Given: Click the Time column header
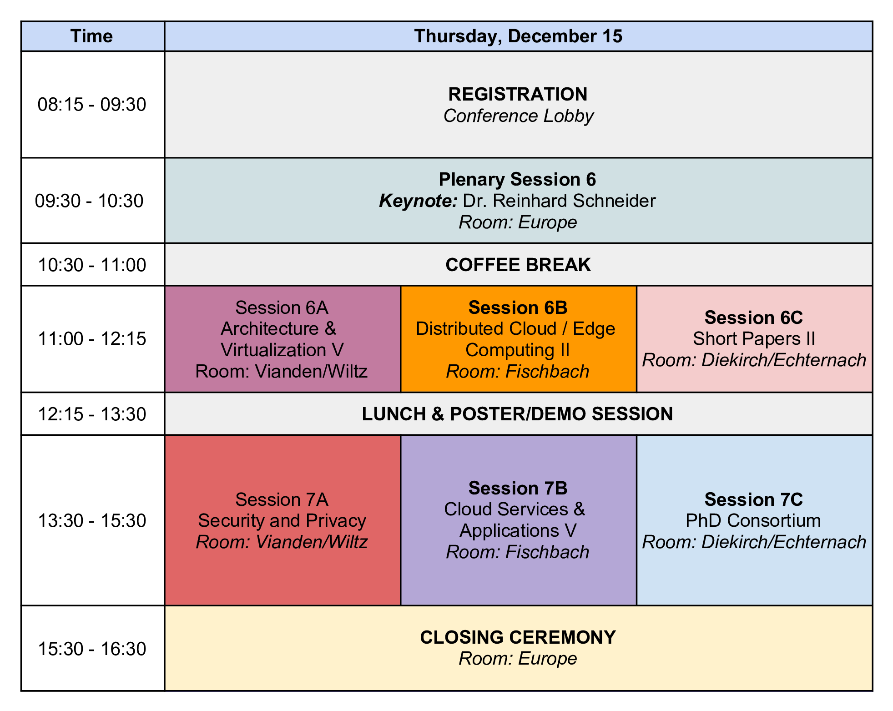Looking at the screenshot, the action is coord(91,36).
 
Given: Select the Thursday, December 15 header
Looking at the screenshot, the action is coord(518,36).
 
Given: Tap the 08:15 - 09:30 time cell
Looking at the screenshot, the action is coord(92,105).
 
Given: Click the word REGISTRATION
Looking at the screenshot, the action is coord(518,94).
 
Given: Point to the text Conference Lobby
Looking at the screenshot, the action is coord(518,116).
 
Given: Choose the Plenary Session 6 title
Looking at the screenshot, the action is coord(518,179).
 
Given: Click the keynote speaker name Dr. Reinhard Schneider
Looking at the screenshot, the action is coord(559,201).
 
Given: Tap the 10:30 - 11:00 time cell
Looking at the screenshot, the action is coord(92,265).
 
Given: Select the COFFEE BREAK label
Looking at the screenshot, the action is coord(518,265).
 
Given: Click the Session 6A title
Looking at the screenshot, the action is coord(282,308).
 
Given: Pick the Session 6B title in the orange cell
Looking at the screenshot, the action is coord(518,308).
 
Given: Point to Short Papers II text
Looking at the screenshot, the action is coord(754,338).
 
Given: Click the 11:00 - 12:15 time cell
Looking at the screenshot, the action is coord(92,339).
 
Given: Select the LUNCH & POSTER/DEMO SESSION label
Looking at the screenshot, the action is coord(518,414).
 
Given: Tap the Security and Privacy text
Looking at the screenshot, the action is coord(282,520).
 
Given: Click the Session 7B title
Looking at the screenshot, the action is coord(518,488).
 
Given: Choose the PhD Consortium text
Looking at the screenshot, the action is coord(753,520).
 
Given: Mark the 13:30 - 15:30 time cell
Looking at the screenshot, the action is coord(92,521).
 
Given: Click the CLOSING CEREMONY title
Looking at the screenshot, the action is coord(518,637).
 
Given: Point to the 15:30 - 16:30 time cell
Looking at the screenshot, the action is coord(92,649).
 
